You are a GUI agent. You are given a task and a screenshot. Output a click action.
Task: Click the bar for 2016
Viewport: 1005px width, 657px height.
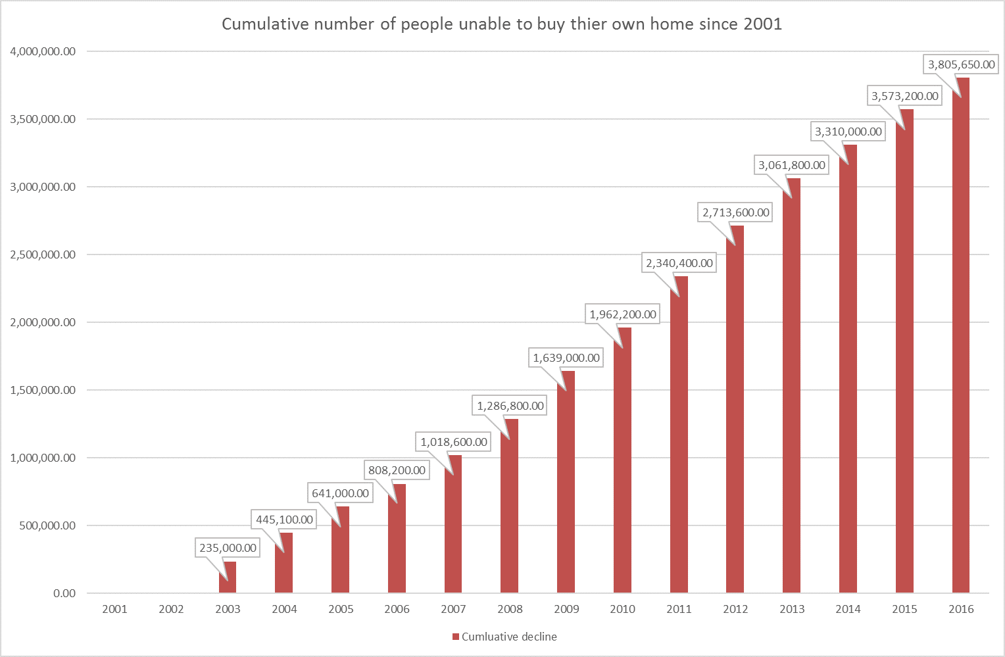pos(961,335)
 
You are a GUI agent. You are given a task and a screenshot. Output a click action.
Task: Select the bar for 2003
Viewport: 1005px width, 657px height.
pos(228,577)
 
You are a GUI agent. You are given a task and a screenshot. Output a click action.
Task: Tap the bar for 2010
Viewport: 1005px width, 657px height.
pos(622,460)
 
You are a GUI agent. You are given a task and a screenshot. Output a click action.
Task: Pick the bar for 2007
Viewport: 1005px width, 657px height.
pos(453,524)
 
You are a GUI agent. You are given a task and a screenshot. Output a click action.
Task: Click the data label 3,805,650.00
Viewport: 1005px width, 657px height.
pos(961,64)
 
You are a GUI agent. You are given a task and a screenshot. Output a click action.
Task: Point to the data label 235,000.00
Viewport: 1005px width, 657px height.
pos(228,548)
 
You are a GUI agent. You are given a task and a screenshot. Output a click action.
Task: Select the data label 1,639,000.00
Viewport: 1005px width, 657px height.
pos(566,358)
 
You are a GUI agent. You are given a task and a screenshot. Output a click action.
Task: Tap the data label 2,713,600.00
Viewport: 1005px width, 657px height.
pos(735,212)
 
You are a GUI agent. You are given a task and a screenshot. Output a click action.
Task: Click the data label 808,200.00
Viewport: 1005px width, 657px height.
pos(397,470)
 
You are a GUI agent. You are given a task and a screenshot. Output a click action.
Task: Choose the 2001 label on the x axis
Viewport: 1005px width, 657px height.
pos(114,609)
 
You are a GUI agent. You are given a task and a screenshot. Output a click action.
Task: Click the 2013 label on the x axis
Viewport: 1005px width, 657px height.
pos(792,609)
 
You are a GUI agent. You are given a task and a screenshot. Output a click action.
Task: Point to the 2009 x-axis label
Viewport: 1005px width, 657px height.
pos(566,609)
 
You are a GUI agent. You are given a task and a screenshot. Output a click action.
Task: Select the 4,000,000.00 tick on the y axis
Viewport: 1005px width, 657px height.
pos(43,51)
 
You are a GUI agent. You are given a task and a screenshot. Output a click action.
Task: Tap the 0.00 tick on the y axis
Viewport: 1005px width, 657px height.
pos(64,593)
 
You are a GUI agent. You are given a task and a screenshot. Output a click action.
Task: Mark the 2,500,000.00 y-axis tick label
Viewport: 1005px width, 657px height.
pos(43,255)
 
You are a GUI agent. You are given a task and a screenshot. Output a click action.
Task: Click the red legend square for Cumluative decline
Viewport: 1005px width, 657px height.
pos(455,637)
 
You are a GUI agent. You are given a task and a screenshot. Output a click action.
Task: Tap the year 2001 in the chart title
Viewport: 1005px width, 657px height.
pos(762,24)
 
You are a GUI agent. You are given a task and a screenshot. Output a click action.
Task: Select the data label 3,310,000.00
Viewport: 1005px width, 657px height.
pos(848,132)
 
